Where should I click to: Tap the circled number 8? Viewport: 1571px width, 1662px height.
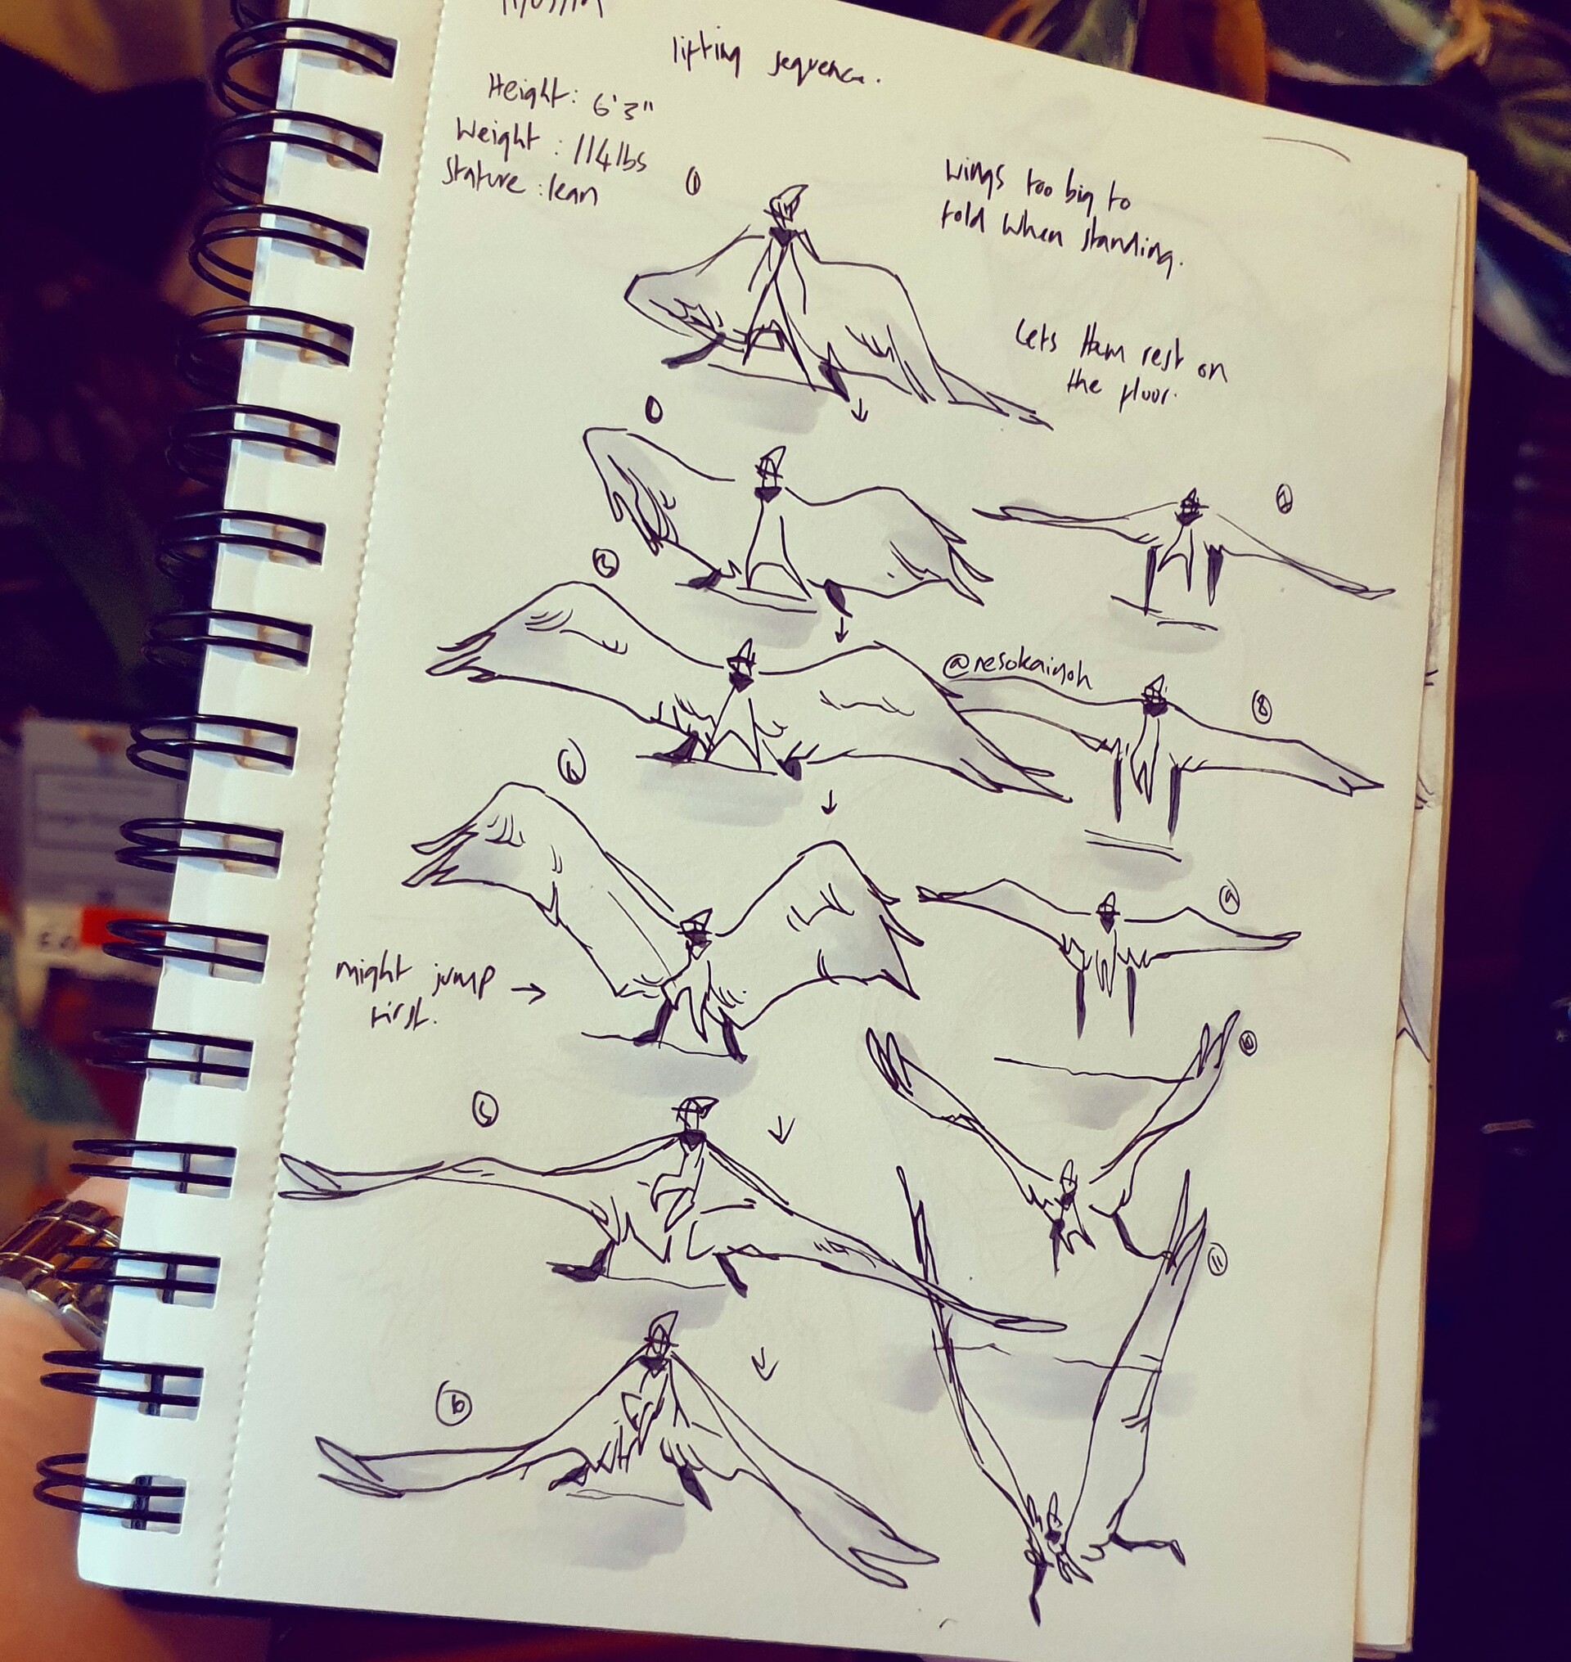(x=1260, y=709)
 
